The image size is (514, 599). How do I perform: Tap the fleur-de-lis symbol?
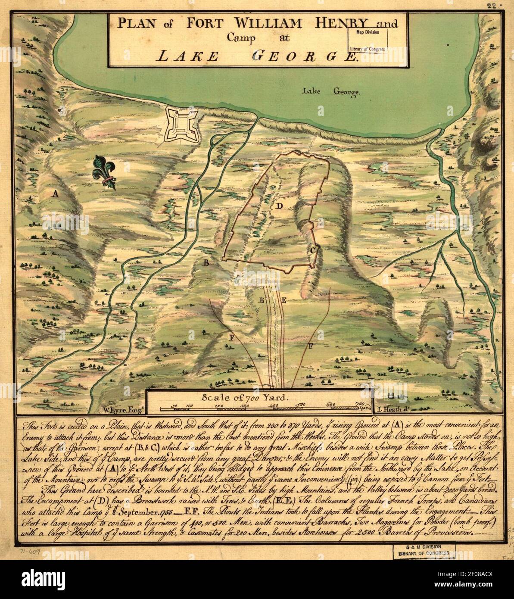104,172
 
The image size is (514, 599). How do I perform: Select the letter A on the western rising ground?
55,194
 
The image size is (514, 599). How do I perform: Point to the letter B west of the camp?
206,262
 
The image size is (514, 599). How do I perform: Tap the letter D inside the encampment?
279,206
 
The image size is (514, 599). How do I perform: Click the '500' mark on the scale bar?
301,404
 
